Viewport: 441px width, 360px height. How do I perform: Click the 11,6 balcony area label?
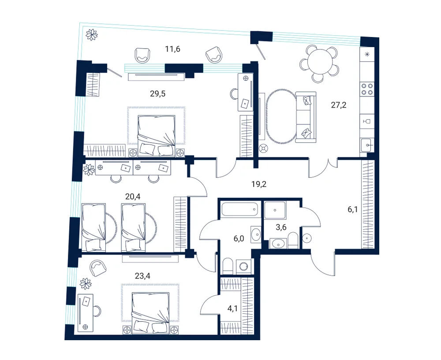pos(172,49)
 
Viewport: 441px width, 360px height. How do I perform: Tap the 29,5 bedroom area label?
pos(157,94)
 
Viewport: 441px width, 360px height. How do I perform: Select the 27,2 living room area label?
pos(338,105)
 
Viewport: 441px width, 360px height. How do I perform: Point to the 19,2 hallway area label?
pos(259,184)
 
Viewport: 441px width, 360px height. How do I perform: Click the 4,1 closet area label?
pos(232,308)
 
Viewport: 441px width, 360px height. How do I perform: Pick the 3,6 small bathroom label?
pos(281,227)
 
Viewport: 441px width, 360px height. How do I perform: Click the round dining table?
pos(320,62)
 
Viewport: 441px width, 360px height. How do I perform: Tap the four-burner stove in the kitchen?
pos(367,89)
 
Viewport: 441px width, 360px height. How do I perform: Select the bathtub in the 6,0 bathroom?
pos(239,209)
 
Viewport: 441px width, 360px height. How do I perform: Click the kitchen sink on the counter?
pos(367,145)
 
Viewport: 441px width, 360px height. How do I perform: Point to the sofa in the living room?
pos(306,117)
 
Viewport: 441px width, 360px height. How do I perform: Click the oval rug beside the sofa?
pos(280,117)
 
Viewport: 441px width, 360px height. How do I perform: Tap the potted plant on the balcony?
pos(92,35)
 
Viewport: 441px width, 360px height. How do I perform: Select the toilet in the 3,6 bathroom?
pos(293,241)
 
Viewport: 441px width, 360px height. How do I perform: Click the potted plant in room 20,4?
pos(89,170)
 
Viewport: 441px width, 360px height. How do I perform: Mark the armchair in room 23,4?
pos(98,268)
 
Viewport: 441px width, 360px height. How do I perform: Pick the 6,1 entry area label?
pos(353,209)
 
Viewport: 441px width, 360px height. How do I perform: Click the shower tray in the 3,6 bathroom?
pos(275,210)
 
